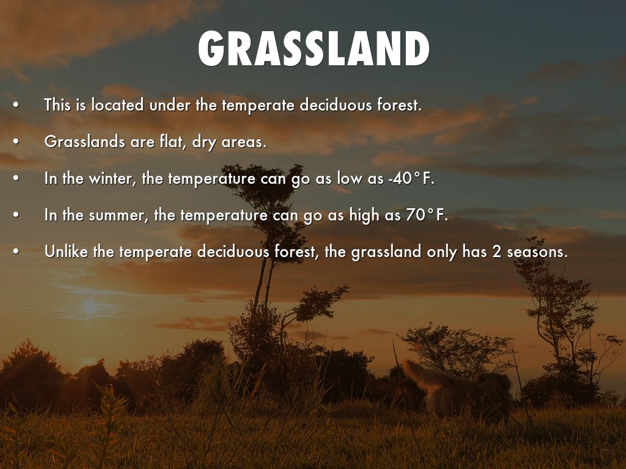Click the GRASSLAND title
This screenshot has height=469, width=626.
(x=314, y=48)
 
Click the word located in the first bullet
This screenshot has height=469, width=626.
(x=117, y=105)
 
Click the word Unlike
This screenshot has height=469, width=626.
(x=66, y=252)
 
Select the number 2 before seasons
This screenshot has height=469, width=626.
(x=496, y=252)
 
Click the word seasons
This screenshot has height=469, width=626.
(x=537, y=252)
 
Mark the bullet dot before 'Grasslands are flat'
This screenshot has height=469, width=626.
(x=15, y=142)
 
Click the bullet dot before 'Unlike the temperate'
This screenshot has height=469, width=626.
(x=15, y=252)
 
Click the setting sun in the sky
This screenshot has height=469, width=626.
(x=90, y=308)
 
